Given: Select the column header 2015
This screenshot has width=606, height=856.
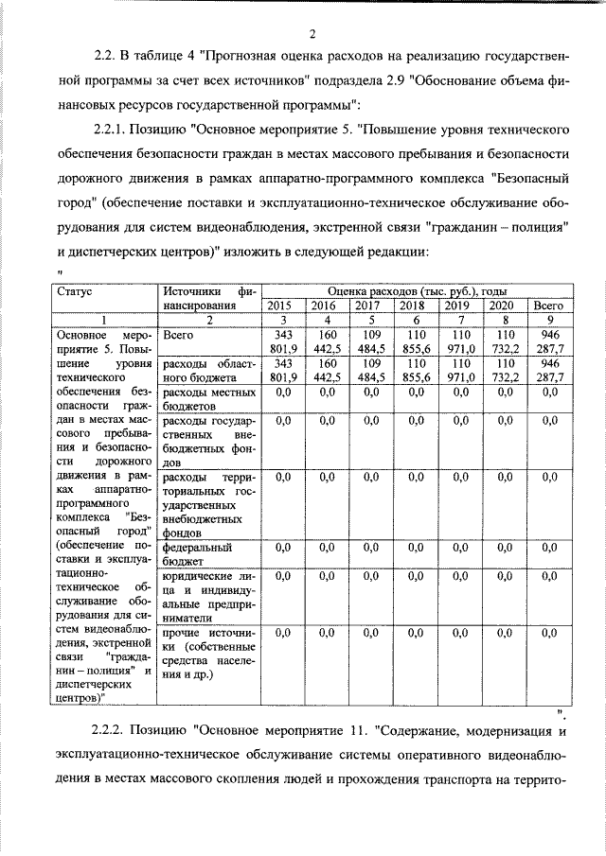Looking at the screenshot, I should pos(279,306).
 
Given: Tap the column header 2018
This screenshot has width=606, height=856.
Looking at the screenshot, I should pos(411,306).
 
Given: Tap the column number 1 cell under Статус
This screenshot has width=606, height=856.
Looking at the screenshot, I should pos(102,321).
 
